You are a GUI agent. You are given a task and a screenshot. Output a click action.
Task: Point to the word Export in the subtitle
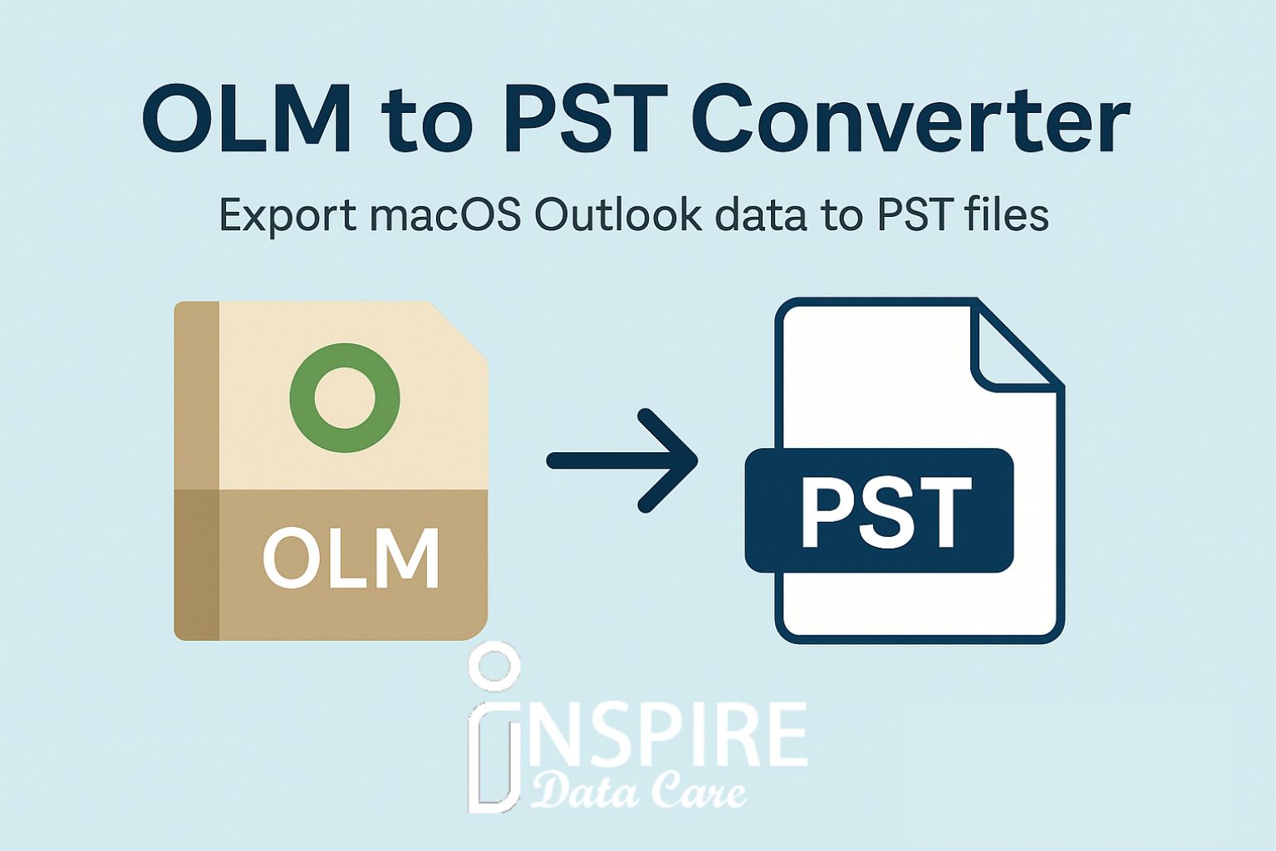tap(287, 217)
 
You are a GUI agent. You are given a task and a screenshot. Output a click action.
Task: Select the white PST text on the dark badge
tap(886, 511)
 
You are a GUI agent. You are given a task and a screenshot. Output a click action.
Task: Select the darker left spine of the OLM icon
tap(197, 471)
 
